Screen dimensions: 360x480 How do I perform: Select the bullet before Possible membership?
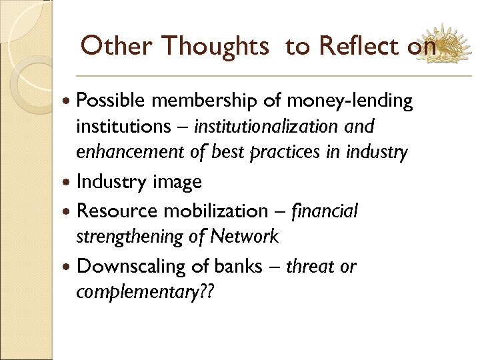[x=69, y=101]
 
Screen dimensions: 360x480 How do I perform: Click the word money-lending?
[x=350, y=101]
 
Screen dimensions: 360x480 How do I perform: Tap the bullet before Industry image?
[x=69, y=182]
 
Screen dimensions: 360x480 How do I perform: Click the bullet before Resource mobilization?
[x=69, y=212]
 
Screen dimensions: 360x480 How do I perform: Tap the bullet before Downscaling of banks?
[x=69, y=267]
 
